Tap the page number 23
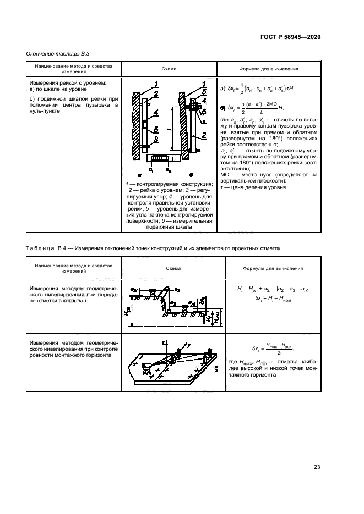(x=317, y=467)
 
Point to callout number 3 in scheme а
(x=156, y=140)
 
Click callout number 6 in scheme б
(x=204, y=120)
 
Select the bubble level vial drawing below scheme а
(x=161, y=158)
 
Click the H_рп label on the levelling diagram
(x=128, y=311)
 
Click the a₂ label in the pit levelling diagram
(x=177, y=289)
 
